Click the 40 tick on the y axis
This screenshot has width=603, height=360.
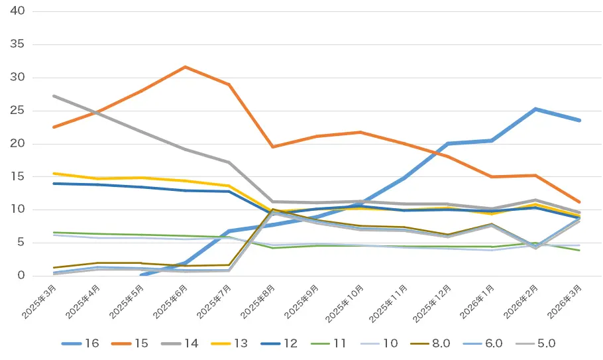pyautogui.click(x=18, y=11)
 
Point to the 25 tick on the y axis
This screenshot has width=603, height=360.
pyautogui.click(x=18, y=111)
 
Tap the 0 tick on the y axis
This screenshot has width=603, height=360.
pyautogui.click(x=21, y=276)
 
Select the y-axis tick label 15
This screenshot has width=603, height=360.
pyautogui.click(x=18, y=177)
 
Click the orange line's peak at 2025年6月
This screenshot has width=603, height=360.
pyautogui.click(x=185, y=67)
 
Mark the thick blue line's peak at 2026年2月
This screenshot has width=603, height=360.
pyautogui.click(x=535, y=109)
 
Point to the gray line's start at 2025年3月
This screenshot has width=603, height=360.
pyautogui.click(x=54, y=95)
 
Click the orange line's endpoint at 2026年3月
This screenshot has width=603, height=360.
pyautogui.click(x=580, y=202)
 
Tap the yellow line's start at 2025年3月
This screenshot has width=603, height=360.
pyautogui.click(x=54, y=173)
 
